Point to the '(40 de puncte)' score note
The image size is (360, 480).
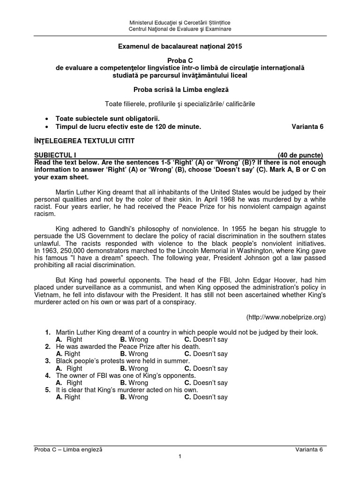[300, 155]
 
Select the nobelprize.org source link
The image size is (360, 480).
[286, 317]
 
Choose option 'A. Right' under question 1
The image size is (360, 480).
[69, 339]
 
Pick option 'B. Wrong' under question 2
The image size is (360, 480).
[134, 354]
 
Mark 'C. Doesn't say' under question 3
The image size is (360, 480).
[206, 368]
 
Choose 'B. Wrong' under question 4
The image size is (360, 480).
[134, 383]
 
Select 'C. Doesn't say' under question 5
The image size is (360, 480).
[206, 397]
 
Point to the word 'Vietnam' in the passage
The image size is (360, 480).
[46, 295]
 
